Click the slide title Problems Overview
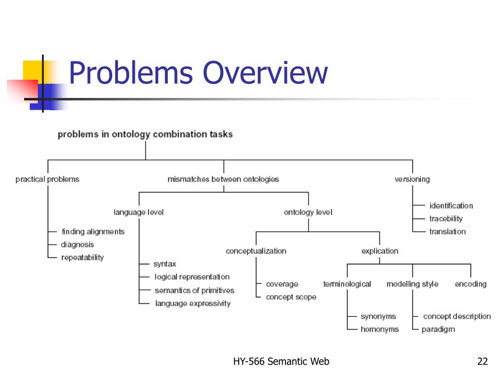[198, 73]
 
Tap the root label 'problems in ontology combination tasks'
[145, 134]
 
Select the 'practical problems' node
[47, 179]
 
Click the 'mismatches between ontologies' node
[223, 179]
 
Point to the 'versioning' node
[412, 179]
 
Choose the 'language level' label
[139, 212]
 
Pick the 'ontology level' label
[308, 212]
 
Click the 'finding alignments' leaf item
[93, 231]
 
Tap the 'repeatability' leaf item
[82, 257]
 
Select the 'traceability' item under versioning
[446, 219]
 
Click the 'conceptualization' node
[256, 251]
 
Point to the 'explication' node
[379, 251]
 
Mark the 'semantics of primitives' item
[194, 290]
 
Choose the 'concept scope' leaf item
[291, 297]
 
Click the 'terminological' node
[347, 284]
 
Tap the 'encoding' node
[471, 284]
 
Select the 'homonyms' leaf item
[379, 329]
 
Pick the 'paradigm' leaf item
[438, 329]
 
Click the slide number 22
[482, 362]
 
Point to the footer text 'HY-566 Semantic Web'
[281, 362]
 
